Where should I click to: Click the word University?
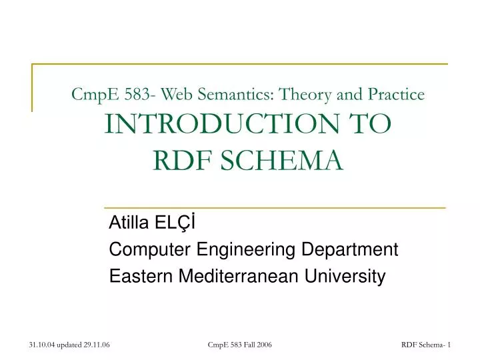(350, 276)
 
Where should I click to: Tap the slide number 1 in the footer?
(450, 344)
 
